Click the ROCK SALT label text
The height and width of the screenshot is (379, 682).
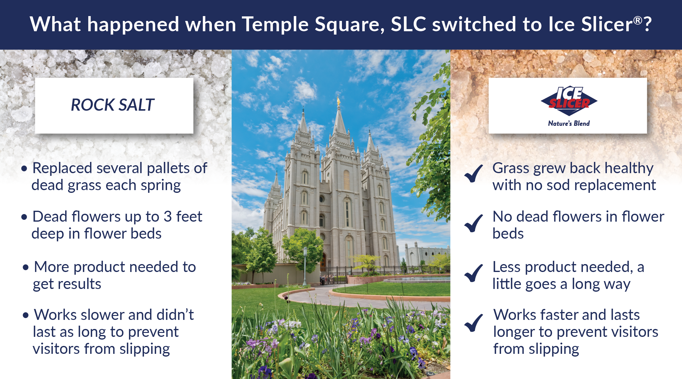(x=112, y=105)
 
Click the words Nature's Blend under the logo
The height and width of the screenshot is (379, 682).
(x=569, y=123)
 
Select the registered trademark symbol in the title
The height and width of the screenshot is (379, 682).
(x=638, y=20)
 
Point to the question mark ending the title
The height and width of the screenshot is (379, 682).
(x=647, y=24)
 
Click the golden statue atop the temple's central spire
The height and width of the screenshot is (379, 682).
(x=339, y=100)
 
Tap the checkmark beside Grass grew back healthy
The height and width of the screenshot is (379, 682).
(x=473, y=173)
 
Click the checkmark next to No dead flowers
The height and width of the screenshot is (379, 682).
(x=473, y=223)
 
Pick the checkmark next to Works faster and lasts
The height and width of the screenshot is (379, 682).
(x=473, y=322)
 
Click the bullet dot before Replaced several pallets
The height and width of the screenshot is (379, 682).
(x=24, y=169)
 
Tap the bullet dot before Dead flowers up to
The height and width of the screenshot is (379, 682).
(x=24, y=217)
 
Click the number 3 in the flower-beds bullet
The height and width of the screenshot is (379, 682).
(x=168, y=216)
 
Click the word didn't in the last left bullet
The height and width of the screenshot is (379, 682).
(x=175, y=315)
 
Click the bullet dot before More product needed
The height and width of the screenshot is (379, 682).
(x=25, y=267)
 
